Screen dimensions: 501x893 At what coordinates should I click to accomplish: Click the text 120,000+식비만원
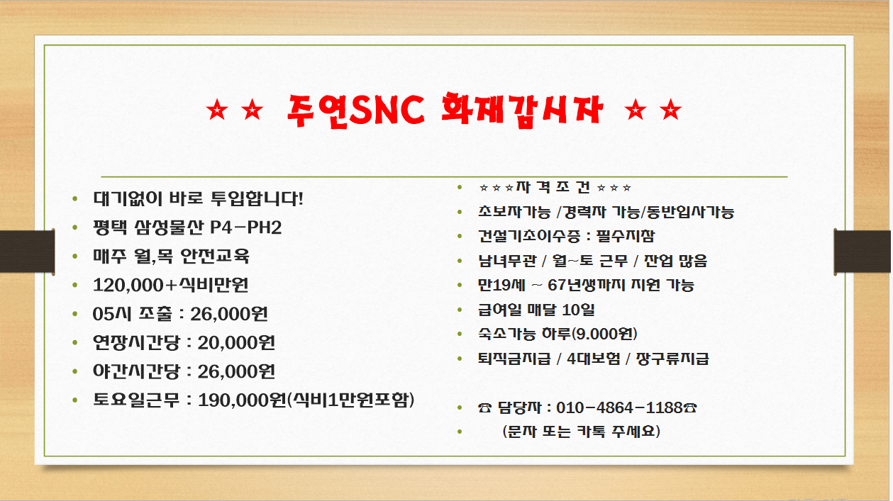point(170,286)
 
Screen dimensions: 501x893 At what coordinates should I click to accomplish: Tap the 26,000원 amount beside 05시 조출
point(230,314)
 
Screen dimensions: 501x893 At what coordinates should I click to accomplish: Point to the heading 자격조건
point(555,188)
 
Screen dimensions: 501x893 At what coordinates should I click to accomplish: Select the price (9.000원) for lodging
point(606,334)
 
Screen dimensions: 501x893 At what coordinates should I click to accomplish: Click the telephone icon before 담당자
point(485,408)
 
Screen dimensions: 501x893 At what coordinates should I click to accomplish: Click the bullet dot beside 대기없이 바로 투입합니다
point(76,199)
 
